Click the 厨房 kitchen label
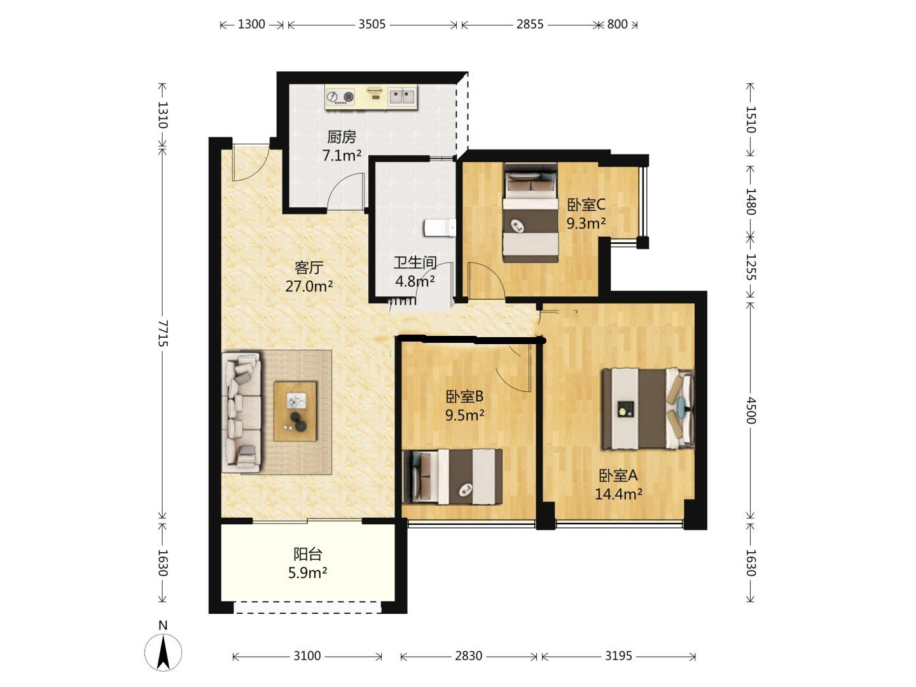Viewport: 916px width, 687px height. point(342,137)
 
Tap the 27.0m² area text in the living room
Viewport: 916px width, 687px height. point(309,286)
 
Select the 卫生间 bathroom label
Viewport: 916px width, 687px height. point(415,262)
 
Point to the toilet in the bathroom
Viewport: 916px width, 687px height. point(440,228)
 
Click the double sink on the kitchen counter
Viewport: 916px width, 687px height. point(402,96)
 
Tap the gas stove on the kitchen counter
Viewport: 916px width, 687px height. point(340,97)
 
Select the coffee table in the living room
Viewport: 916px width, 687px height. point(295,412)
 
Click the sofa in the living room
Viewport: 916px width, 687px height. point(242,413)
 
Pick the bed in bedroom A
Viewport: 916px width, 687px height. point(648,408)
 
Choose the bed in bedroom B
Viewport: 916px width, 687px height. point(452,476)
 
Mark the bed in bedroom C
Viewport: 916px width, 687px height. point(531,212)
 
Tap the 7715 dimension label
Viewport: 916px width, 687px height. point(163,333)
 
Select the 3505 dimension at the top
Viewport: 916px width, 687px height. point(372,24)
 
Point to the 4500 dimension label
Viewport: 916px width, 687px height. point(751,410)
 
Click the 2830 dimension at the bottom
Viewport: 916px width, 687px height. point(469,656)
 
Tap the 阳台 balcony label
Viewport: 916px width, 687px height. point(307,554)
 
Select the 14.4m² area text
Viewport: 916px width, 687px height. point(618,494)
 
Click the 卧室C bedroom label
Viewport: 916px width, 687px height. point(586,205)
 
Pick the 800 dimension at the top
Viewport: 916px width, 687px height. point(617,24)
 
